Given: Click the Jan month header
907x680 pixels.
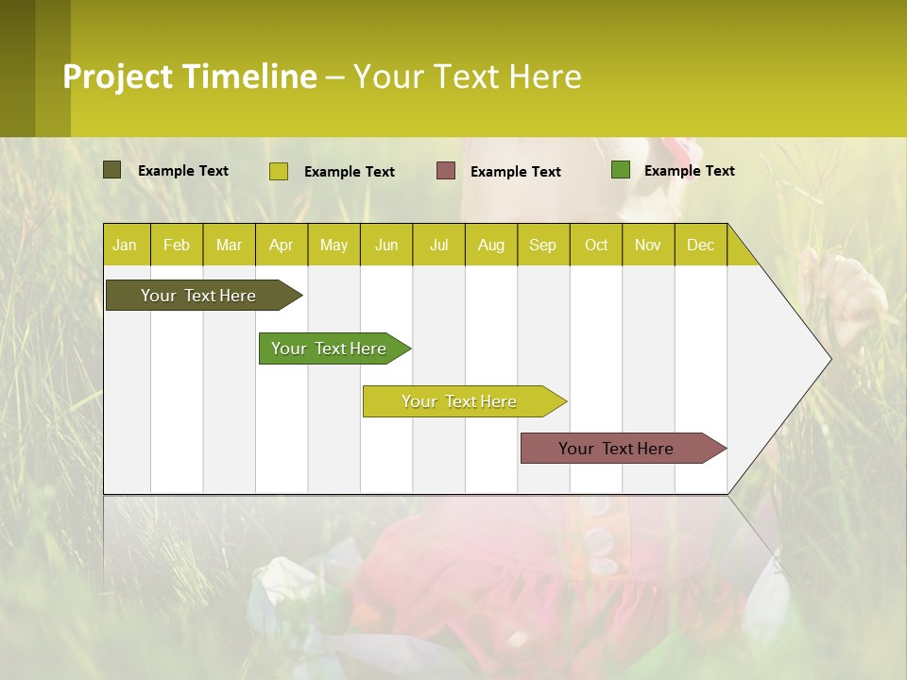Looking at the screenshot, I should click(125, 245).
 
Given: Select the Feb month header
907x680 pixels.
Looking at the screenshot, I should click(177, 245).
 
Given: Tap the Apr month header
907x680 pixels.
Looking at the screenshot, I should click(281, 245).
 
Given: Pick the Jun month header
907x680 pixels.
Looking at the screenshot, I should click(386, 245).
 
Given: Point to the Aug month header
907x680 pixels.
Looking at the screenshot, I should click(490, 245).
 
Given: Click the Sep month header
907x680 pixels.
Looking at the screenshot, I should click(542, 245).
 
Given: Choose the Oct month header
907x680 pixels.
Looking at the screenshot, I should click(596, 245).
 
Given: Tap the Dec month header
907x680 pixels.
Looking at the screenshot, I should click(700, 245).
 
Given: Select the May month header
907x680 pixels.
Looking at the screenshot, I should click(334, 245).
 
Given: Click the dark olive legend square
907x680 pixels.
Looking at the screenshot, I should click(112, 170).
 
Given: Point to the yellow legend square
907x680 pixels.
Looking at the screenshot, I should click(279, 171).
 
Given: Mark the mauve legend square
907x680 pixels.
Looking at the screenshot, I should click(446, 171).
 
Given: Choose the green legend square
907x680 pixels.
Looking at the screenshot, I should click(621, 170).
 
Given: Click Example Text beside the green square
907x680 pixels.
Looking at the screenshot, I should click(689, 171).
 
